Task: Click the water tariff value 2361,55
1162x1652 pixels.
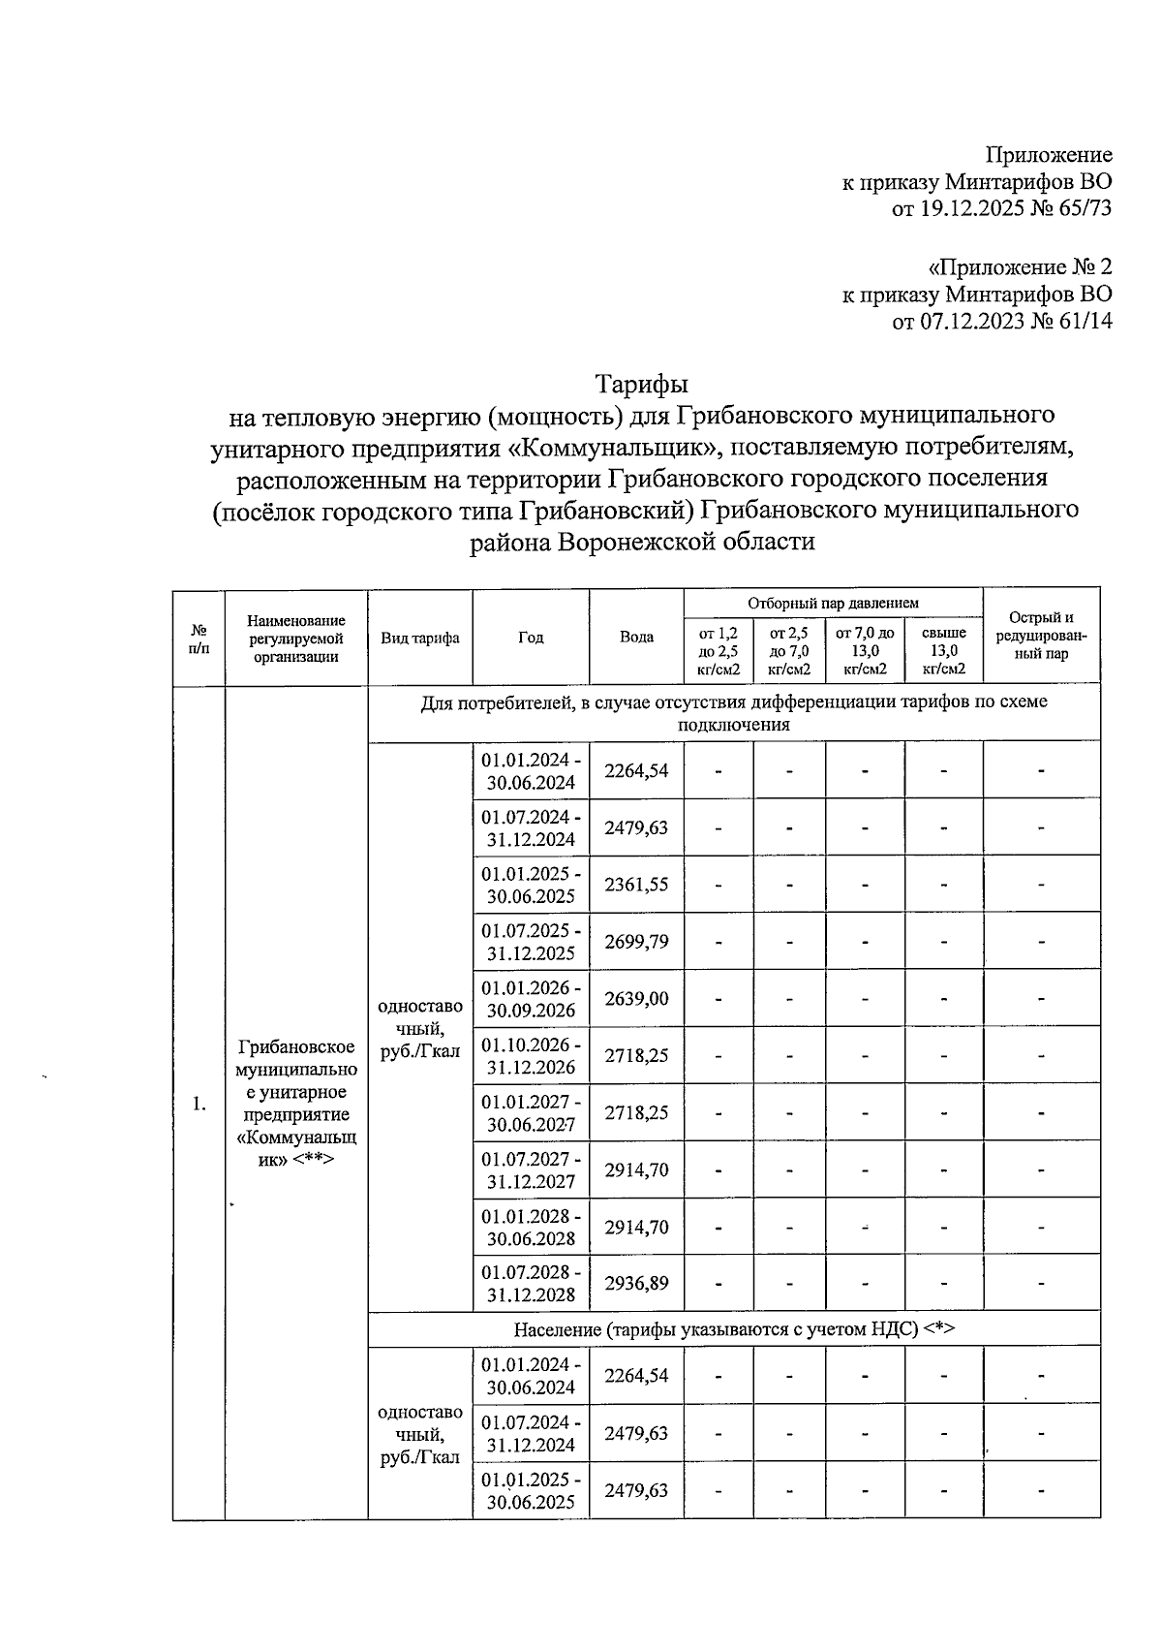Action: click(636, 884)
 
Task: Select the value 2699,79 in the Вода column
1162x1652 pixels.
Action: click(636, 941)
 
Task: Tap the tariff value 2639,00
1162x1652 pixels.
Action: click(636, 998)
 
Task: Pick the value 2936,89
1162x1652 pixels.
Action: click(636, 1283)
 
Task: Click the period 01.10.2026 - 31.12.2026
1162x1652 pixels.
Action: click(531, 1056)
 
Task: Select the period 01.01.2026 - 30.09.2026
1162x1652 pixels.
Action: click(531, 999)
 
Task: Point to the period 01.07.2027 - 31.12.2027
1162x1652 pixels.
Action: click(531, 1169)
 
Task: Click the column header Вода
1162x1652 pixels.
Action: click(636, 637)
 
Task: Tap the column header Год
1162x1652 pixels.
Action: click(531, 637)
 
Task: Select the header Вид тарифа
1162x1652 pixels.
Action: click(420, 638)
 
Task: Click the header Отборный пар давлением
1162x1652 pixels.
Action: click(833, 603)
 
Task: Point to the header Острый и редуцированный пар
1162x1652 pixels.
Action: click(1041, 636)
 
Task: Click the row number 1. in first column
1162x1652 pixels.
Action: click(199, 1104)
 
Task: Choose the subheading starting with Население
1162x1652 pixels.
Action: click(733, 1328)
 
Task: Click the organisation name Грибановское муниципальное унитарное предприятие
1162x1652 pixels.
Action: click(296, 1103)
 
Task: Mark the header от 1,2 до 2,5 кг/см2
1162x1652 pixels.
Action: click(718, 650)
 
